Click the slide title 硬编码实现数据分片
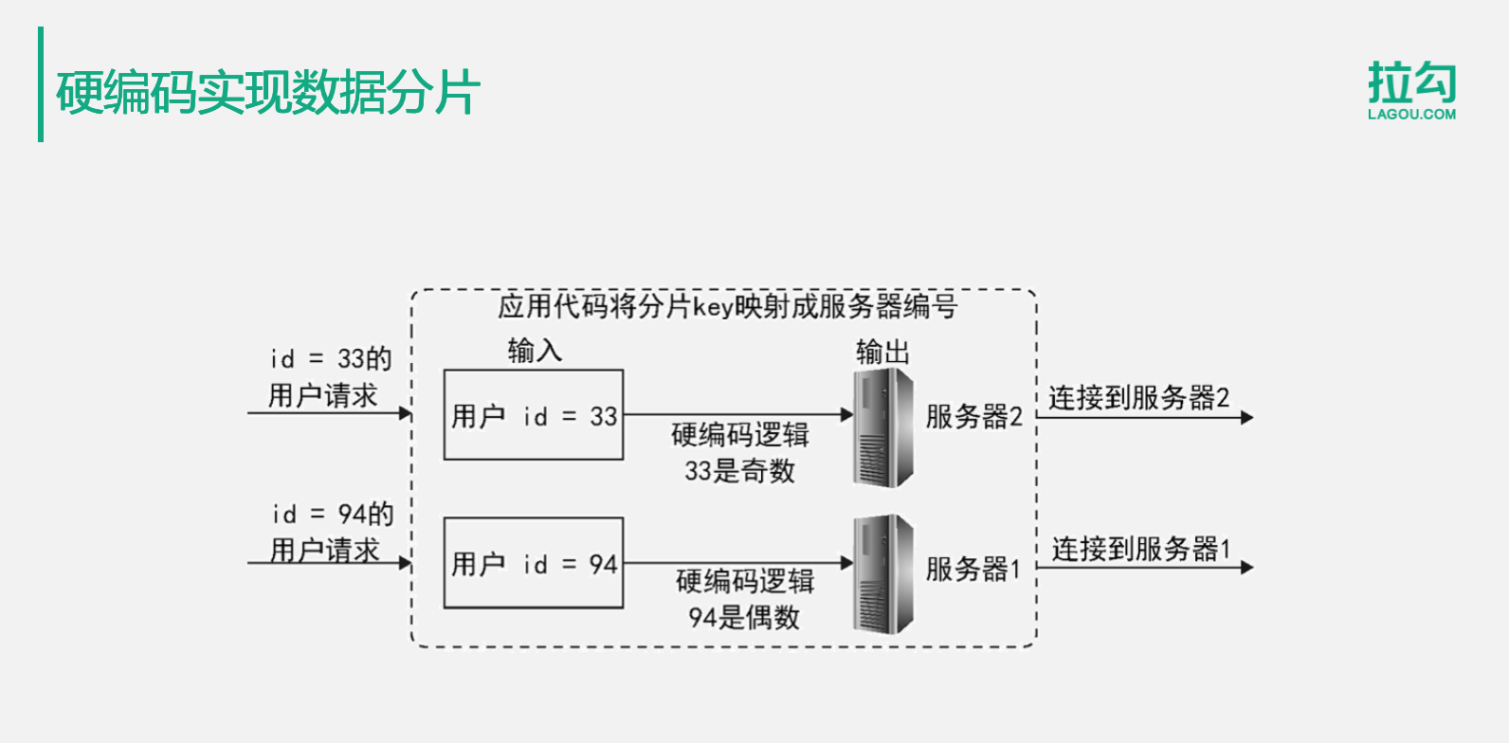click(268, 93)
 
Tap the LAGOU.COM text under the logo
click(1411, 115)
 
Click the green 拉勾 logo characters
click(1411, 82)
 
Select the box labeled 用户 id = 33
click(534, 415)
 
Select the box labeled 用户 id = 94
click(534, 563)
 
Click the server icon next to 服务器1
click(884, 573)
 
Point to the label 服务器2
click(973, 416)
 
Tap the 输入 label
click(535, 351)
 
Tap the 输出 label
click(882, 352)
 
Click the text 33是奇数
click(739, 471)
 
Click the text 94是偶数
click(744, 618)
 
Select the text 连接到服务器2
click(1138, 398)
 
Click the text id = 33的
click(331, 358)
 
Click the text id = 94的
click(333, 514)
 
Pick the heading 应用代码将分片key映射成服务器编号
click(727, 306)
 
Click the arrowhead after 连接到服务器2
click(1246, 417)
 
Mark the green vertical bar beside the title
click(41, 84)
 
